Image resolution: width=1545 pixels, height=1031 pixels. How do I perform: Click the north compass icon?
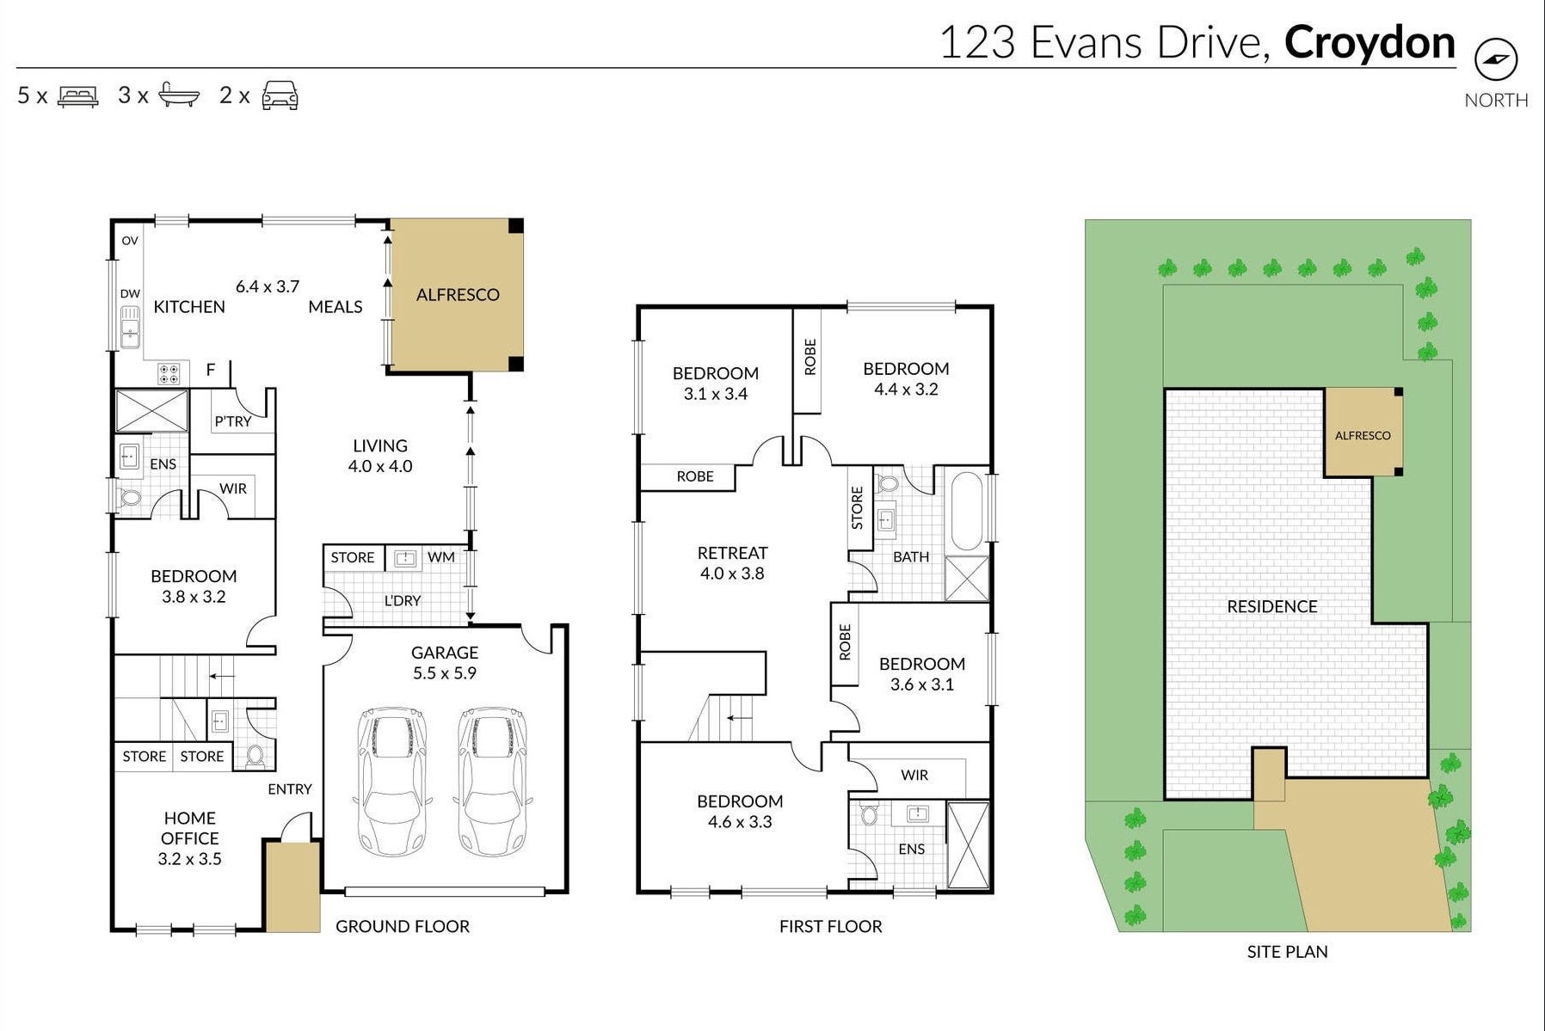pyautogui.click(x=1496, y=59)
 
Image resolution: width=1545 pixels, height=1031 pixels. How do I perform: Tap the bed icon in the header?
pyautogui.click(x=77, y=95)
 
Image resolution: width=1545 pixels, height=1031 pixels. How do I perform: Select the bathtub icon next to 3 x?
pyautogui.click(x=179, y=95)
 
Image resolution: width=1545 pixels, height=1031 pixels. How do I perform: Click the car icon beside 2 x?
pyautogui.click(x=280, y=95)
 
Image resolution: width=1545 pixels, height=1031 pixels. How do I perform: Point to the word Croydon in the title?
pyautogui.click(x=1369, y=43)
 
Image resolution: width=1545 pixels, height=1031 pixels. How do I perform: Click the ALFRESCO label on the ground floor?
pyautogui.click(x=457, y=295)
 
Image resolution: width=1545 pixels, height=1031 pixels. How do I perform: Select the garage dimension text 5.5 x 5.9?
pyautogui.click(x=444, y=673)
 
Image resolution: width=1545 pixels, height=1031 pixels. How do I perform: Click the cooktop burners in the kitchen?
pyautogui.click(x=169, y=373)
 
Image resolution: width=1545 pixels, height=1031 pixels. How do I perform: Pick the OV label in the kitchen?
pyautogui.click(x=130, y=241)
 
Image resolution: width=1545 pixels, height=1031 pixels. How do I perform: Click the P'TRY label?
pyautogui.click(x=232, y=421)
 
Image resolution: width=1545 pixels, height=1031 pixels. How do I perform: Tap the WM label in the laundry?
pyautogui.click(x=440, y=557)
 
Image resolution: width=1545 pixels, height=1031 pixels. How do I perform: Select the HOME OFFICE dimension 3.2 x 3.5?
pyautogui.click(x=189, y=859)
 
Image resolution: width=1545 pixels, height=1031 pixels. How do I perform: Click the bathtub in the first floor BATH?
pyautogui.click(x=967, y=511)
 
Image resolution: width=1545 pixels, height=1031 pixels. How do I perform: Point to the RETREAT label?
pyautogui.click(x=732, y=553)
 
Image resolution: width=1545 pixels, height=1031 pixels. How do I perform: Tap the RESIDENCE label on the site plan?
pyautogui.click(x=1271, y=606)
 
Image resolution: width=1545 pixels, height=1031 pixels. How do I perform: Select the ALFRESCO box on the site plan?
pyautogui.click(x=1363, y=433)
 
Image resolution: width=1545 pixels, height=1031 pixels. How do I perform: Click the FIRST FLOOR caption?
pyautogui.click(x=830, y=926)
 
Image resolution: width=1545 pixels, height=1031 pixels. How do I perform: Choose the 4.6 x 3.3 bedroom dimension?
pyautogui.click(x=740, y=822)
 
